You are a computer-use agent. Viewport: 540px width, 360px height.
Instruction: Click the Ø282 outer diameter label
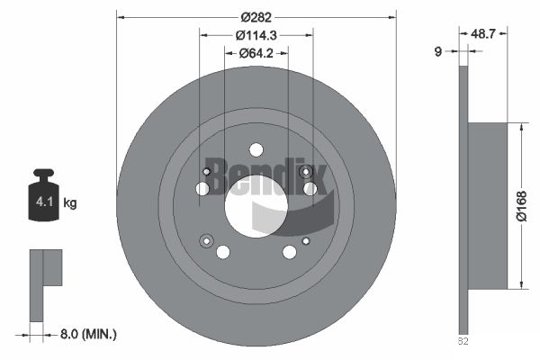tap(256, 17)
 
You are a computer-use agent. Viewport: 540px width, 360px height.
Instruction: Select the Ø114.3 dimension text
tap(256, 35)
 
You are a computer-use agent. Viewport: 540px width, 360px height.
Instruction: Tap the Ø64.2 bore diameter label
tap(256, 53)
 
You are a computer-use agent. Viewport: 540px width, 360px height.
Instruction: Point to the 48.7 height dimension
tap(482, 33)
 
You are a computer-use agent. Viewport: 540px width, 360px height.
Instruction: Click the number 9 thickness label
tap(437, 51)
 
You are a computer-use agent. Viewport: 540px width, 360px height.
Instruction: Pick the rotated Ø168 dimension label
tap(522, 206)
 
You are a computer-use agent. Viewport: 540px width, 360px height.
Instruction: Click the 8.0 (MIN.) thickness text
tap(88, 334)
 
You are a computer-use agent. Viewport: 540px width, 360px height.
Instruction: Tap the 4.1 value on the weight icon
tap(44, 202)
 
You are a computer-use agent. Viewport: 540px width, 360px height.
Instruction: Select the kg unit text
tap(70, 202)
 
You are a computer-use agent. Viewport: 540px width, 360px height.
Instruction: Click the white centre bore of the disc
tap(256, 206)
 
